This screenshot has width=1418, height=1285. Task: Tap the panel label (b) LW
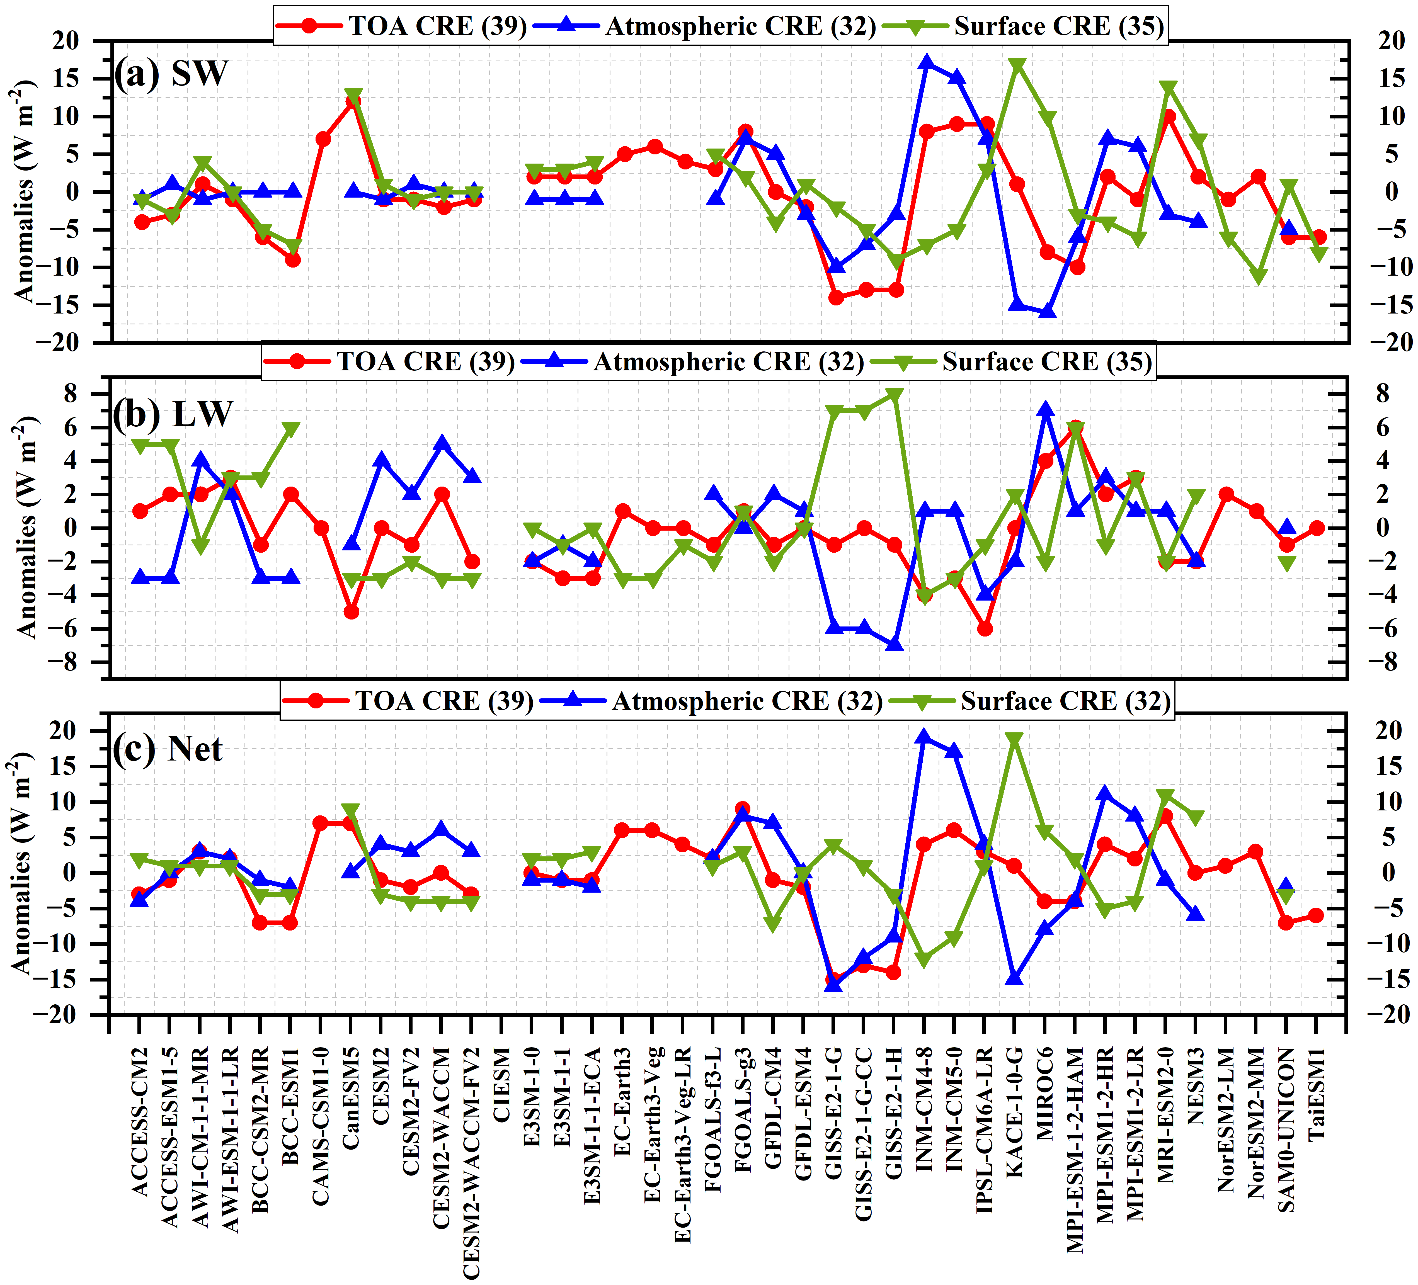tap(172, 414)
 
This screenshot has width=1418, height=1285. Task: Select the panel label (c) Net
tap(168, 749)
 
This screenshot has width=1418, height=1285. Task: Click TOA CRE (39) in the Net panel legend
tap(443, 701)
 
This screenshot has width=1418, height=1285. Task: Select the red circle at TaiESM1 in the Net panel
tap(1316, 915)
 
